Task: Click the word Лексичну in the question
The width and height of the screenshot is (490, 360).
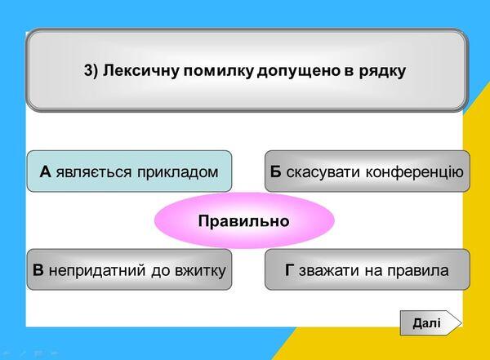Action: click(x=140, y=70)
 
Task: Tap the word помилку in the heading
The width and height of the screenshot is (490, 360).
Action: click(x=218, y=71)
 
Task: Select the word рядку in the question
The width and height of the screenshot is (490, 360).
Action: click(x=382, y=72)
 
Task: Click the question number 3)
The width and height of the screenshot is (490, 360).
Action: click(x=91, y=71)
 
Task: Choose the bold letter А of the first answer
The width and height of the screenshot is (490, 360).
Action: click(x=45, y=172)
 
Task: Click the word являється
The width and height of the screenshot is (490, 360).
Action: click(x=94, y=172)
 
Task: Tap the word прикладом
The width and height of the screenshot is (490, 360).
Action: click(x=177, y=172)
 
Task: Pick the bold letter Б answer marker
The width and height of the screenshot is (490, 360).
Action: click(x=276, y=172)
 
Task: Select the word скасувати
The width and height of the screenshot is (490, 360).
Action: click(x=323, y=172)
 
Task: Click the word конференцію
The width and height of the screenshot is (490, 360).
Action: click(x=414, y=172)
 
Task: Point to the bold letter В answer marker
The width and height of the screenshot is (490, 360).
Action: click(x=38, y=270)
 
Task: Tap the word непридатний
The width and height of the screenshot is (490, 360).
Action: click(x=97, y=271)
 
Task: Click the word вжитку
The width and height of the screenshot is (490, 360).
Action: click(x=201, y=271)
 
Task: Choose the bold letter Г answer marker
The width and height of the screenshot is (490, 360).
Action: click(x=289, y=270)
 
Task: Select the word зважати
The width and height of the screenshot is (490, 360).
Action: click(x=328, y=271)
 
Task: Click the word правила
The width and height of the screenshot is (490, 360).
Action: click(x=418, y=271)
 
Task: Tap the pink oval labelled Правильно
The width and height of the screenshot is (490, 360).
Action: click(x=244, y=220)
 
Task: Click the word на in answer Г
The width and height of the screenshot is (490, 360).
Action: click(x=373, y=271)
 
